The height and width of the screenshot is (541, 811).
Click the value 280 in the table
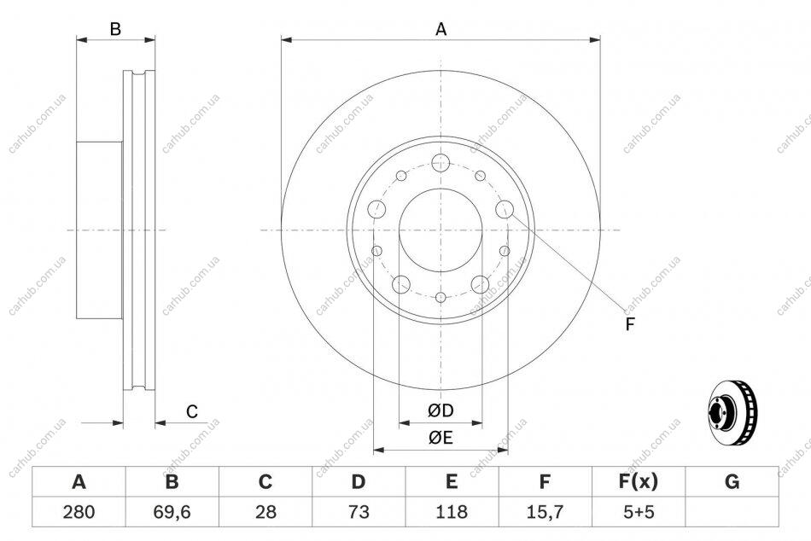79,512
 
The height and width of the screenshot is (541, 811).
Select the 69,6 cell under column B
172,512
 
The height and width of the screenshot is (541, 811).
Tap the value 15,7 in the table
545,512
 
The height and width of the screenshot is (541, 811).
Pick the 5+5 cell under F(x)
639,512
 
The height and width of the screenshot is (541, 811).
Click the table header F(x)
639,482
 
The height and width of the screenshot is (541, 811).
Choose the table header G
732,482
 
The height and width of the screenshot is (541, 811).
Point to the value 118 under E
452,512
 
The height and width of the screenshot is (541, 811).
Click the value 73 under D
359,512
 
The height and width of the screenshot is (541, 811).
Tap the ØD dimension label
441,410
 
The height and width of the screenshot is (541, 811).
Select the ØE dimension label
441,438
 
